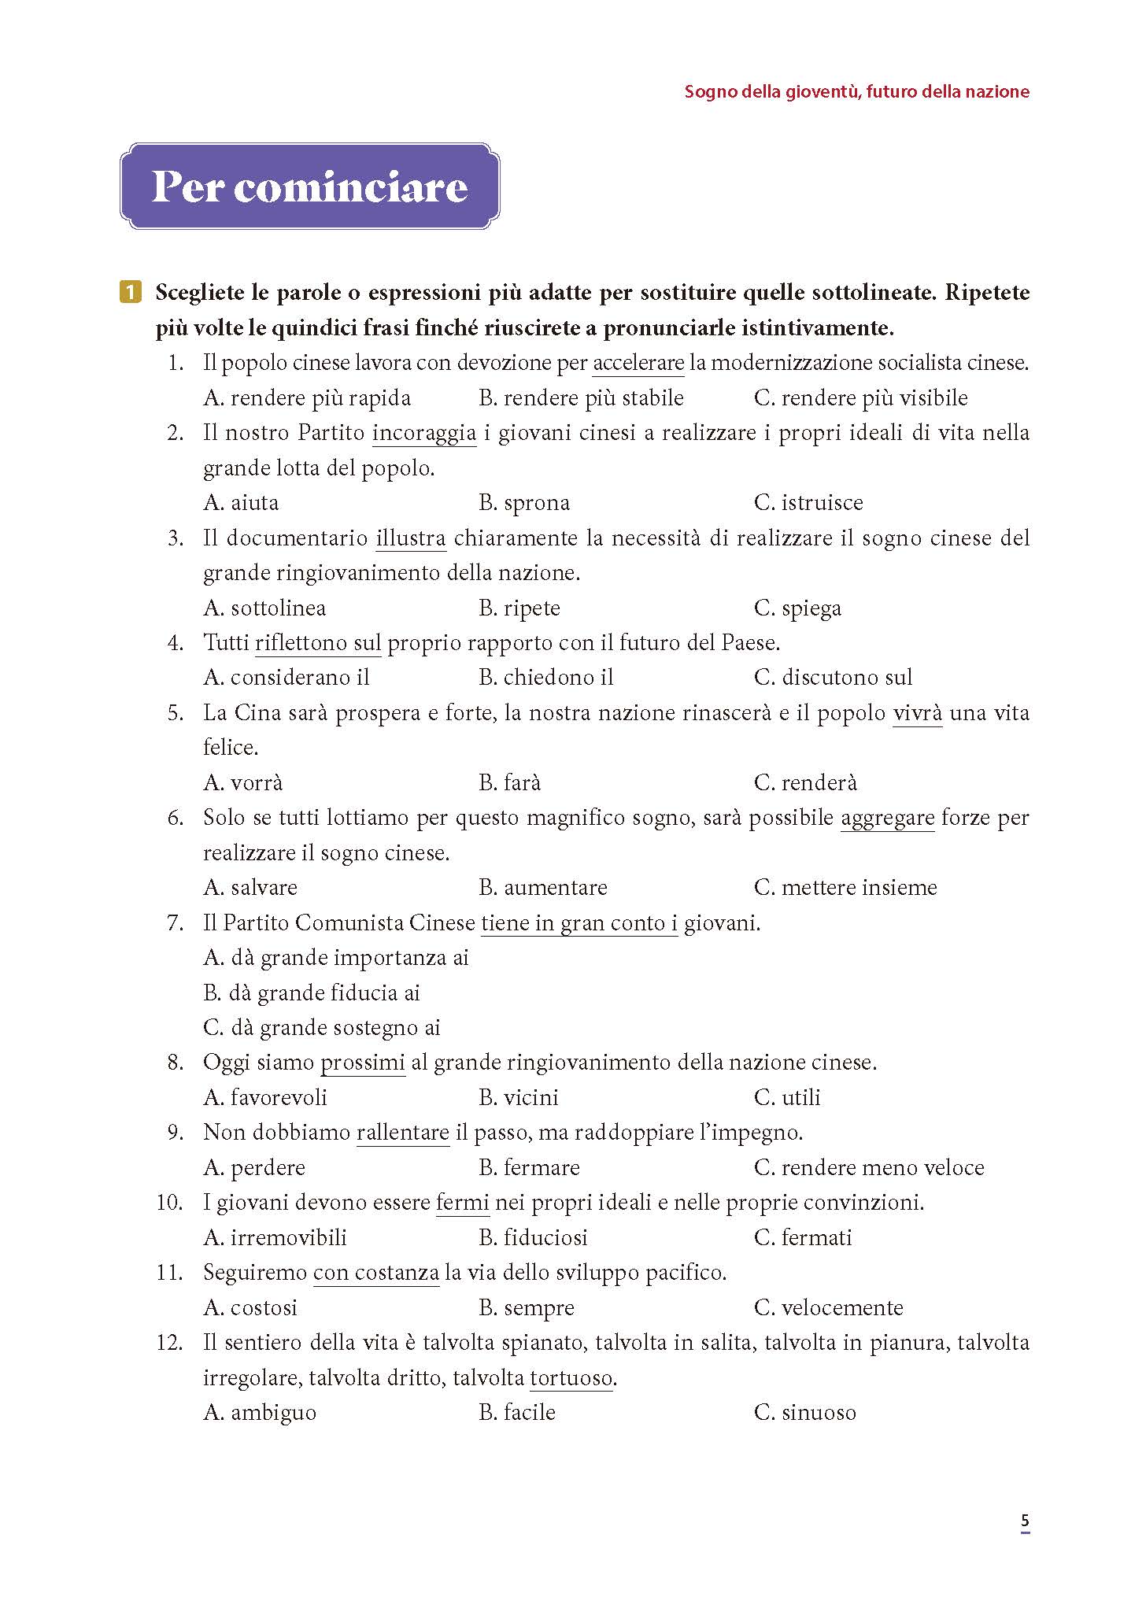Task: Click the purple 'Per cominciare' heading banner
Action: [309, 187]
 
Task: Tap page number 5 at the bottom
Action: [1024, 1521]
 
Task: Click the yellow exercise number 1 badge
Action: [131, 293]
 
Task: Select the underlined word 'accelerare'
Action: [638, 363]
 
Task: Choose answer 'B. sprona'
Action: [523, 503]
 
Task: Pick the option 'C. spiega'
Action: [797, 608]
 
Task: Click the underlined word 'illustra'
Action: [410, 538]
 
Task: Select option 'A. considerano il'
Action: [286, 678]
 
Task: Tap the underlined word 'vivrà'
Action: [917, 713]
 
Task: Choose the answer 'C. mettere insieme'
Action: [845, 888]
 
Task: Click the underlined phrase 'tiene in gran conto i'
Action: [579, 922]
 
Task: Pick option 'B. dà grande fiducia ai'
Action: [311, 993]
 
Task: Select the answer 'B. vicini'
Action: [518, 1097]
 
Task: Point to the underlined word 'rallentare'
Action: [402, 1133]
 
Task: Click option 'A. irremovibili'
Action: [275, 1237]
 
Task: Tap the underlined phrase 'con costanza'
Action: [375, 1273]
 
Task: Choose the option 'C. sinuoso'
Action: [804, 1413]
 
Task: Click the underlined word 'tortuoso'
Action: [571, 1378]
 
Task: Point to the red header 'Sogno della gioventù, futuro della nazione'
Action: [856, 91]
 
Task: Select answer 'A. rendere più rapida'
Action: [306, 398]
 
